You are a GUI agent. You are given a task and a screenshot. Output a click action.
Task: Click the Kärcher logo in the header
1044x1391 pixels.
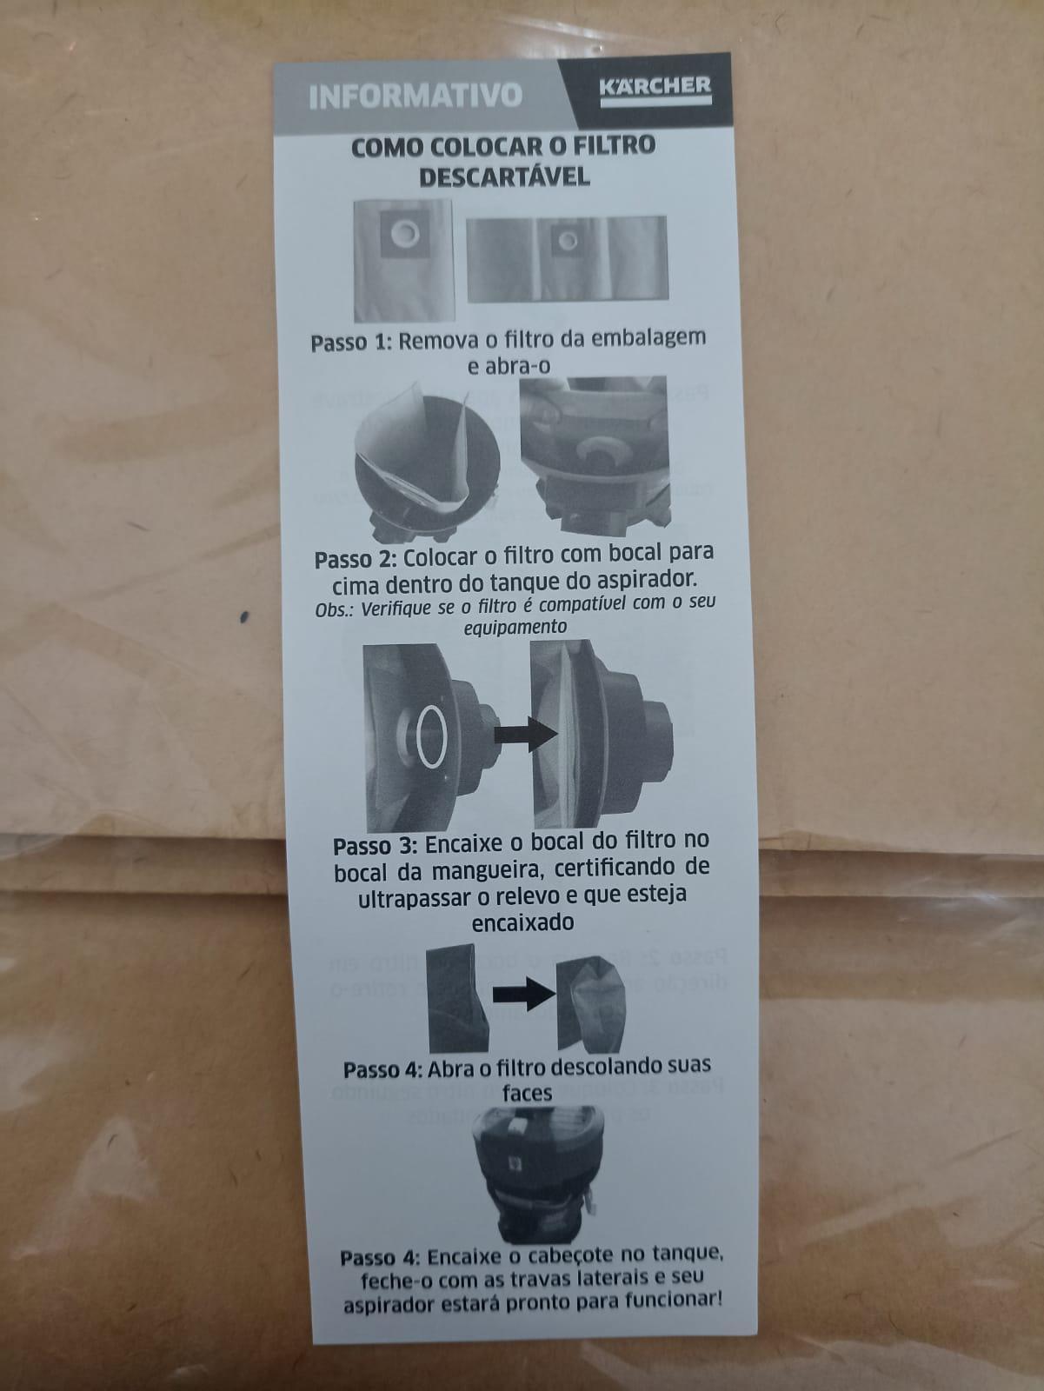click(x=655, y=90)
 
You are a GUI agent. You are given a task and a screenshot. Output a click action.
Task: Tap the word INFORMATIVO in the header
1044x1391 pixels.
click(x=416, y=96)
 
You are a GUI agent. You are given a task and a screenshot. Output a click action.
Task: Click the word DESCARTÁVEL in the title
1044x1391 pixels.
click(x=504, y=176)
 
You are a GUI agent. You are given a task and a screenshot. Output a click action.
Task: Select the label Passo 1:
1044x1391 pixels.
click(x=351, y=343)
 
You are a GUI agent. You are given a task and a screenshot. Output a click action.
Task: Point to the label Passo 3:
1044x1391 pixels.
click(x=375, y=847)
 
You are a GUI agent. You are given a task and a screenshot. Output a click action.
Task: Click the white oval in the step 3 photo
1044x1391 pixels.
click(x=432, y=736)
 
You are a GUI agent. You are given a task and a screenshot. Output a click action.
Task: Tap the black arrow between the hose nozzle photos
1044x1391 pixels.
click(x=525, y=735)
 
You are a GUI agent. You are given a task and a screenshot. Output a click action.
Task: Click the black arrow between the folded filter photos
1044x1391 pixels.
click(x=524, y=994)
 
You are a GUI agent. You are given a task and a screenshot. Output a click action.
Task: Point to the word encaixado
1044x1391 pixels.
click(x=522, y=923)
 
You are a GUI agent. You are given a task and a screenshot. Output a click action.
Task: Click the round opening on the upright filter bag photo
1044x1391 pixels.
click(x=404, y=235)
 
